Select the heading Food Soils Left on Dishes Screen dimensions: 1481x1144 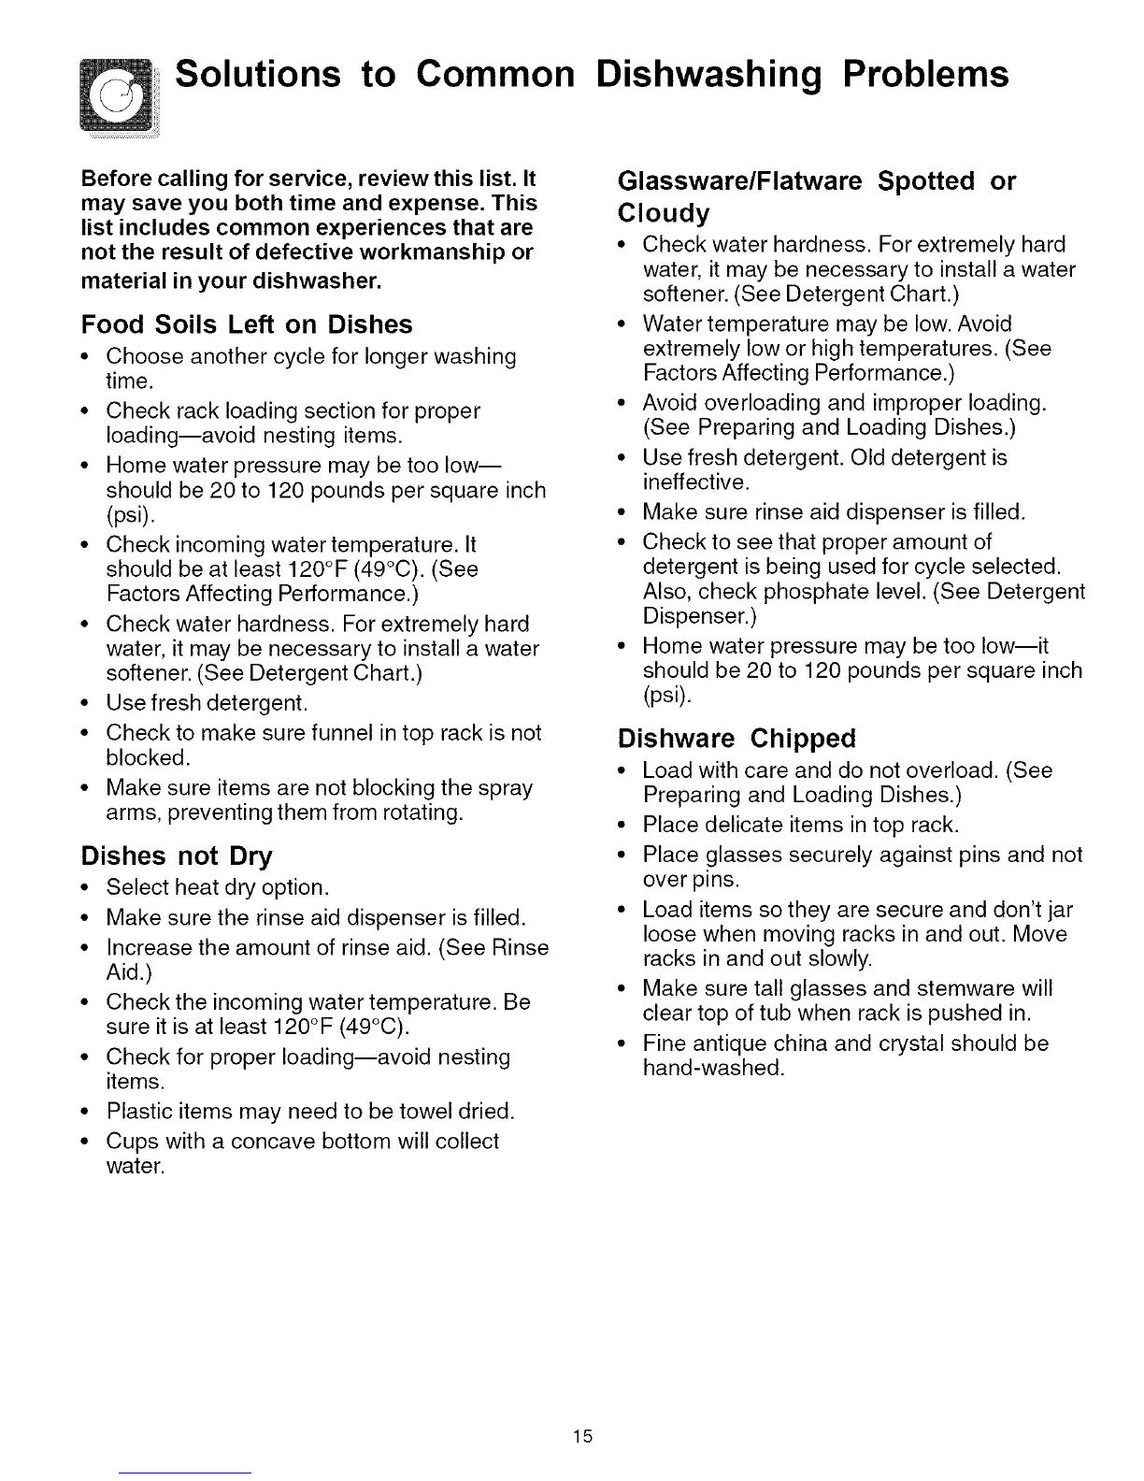[247, 324]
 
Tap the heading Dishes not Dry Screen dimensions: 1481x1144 [177, 856]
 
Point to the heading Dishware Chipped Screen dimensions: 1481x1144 [736, 739]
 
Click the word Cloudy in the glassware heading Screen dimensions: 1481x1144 [664, 213]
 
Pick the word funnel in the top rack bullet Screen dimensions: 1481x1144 [339, 733]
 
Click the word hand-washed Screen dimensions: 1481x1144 [713, 1068]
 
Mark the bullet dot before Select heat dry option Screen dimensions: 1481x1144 [86, 887]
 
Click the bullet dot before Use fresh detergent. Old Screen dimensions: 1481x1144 [622, 458]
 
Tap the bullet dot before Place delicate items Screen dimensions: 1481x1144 [622, 826]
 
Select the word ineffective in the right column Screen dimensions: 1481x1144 [695, 482]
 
